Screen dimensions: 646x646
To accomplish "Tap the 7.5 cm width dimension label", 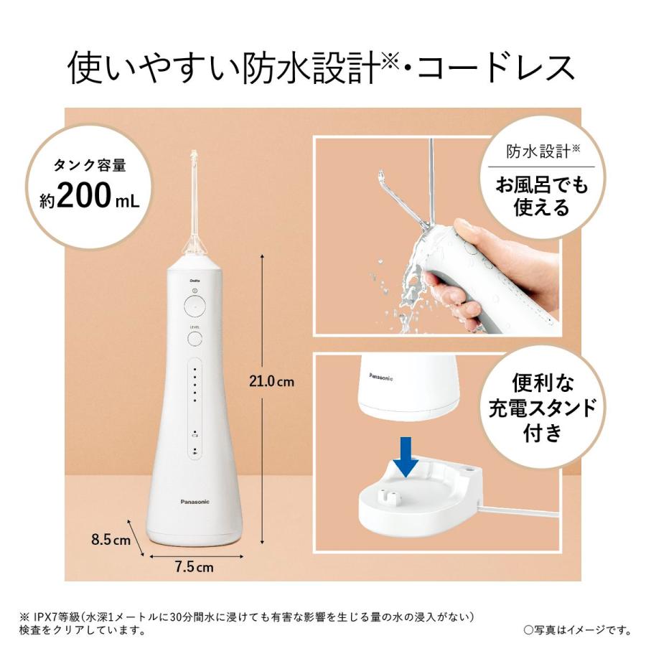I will click(x=195, y=566).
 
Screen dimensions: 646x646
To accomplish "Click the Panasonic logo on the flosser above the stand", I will click(x=385, y=375).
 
